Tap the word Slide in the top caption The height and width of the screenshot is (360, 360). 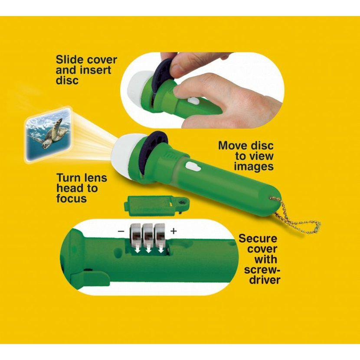pyautogui.click(x=69, y=60)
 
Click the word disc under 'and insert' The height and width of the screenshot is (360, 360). pyautogui.click(x=67, y=80)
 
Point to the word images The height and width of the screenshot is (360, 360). pyautogui.click(x=254, y=166)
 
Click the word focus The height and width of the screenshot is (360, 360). pyautogui.click(x=72, y=198)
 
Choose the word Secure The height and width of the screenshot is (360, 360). pyautogui.click(x=258, y=239)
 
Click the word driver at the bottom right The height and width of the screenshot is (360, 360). pyautogui.click(x=265, y=280)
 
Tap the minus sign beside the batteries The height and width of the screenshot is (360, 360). pyautogui.click(x=121, y=231)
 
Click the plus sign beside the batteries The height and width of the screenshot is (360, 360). pyautogui.click(x=173, y=231)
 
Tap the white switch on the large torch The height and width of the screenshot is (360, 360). pyautogui.click(x=193, y=167)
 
